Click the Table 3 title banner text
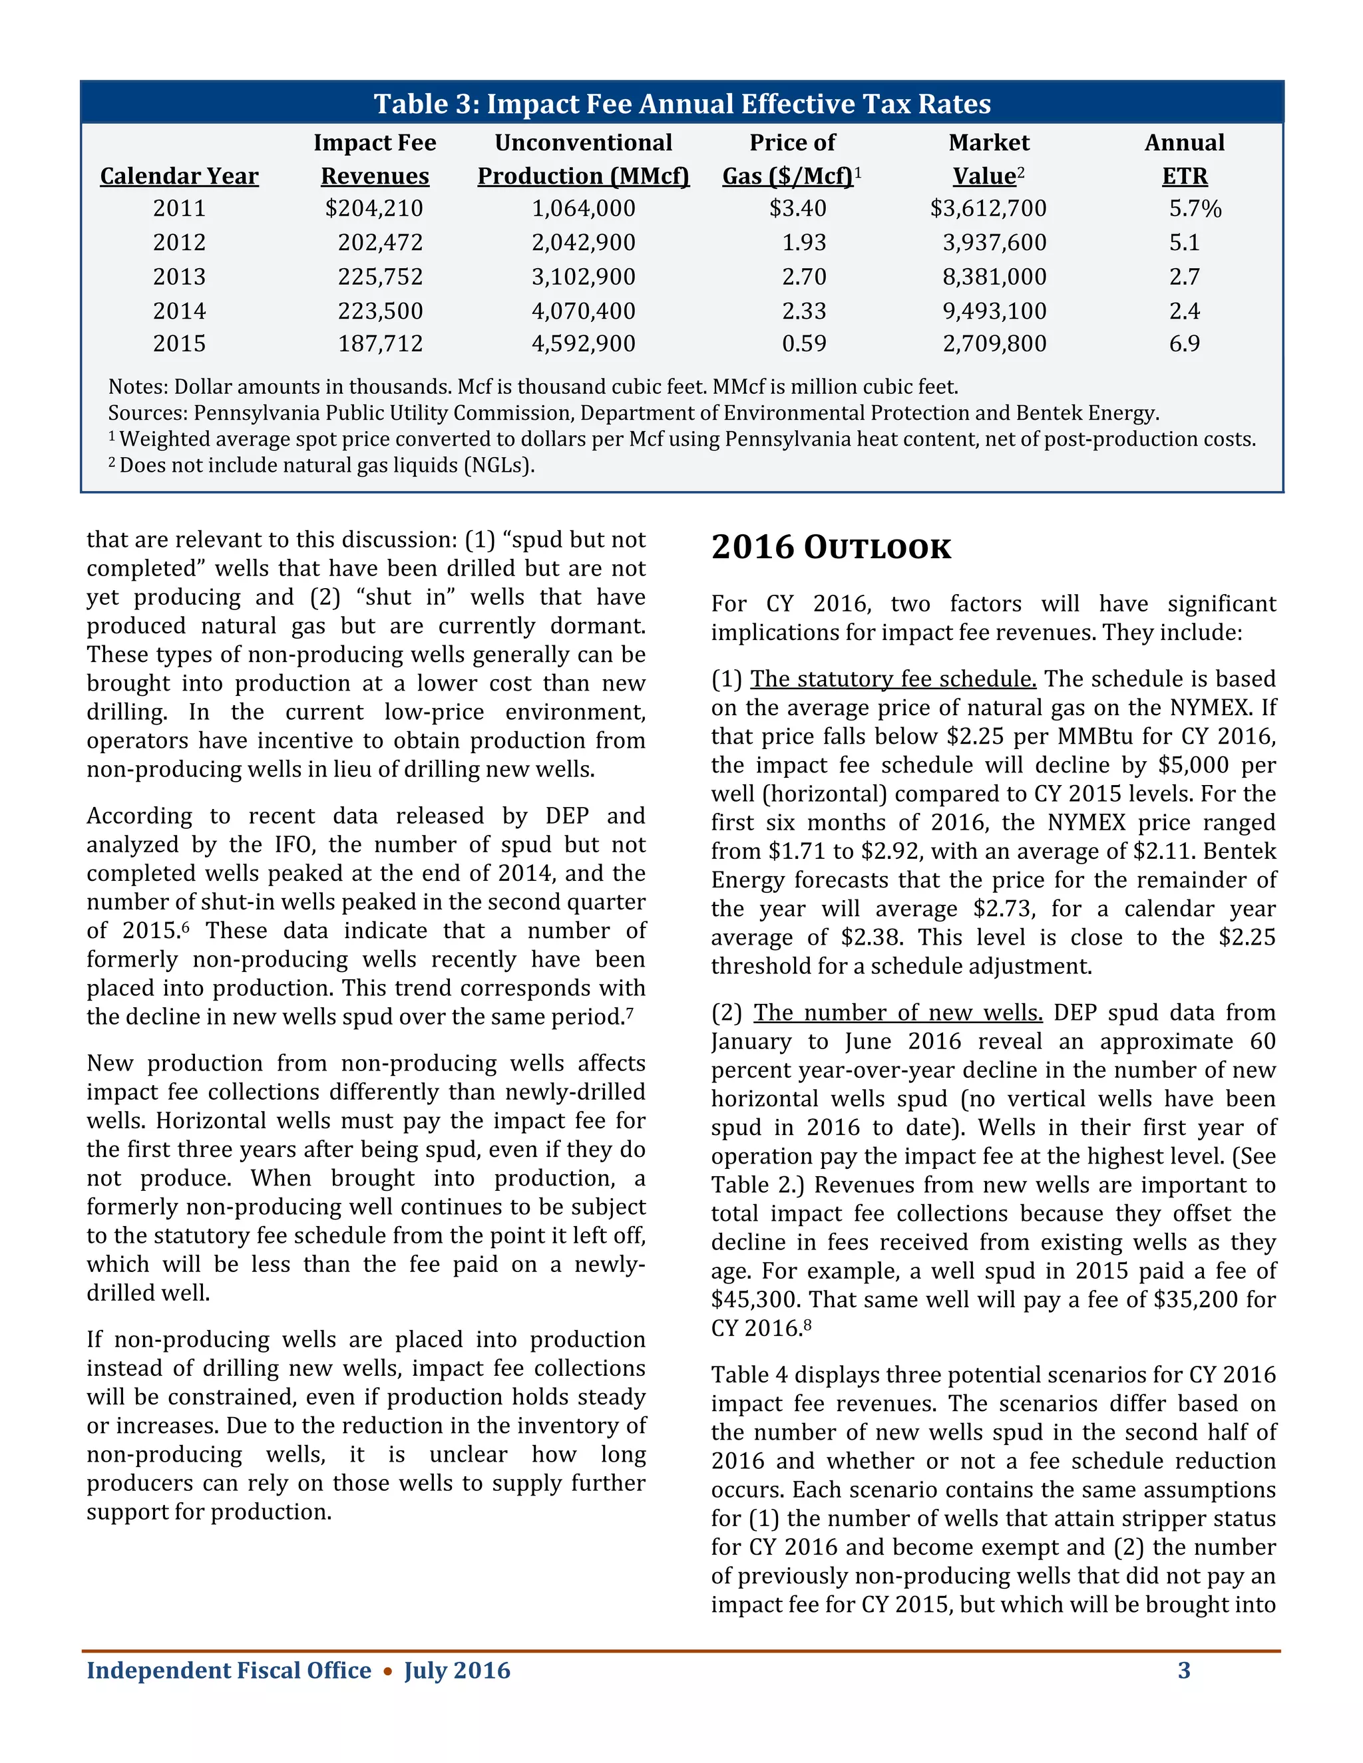click(681, 104)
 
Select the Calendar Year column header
click(179, 176)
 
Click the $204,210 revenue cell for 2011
click(374, 208)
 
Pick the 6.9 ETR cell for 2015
click(1184, 344)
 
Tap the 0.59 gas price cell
click(803, 344)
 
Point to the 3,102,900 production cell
click(583, 277)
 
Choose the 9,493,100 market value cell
click(994, 311)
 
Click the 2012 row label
click(179, 242)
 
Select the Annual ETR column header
click(1184, 160)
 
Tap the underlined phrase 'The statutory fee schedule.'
click(893, 679)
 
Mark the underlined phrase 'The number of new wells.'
click(898, 1013)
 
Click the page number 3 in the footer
click(1184, 1669)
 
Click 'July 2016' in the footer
click(457, 1669)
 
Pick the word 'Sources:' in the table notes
click(148, 413)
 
